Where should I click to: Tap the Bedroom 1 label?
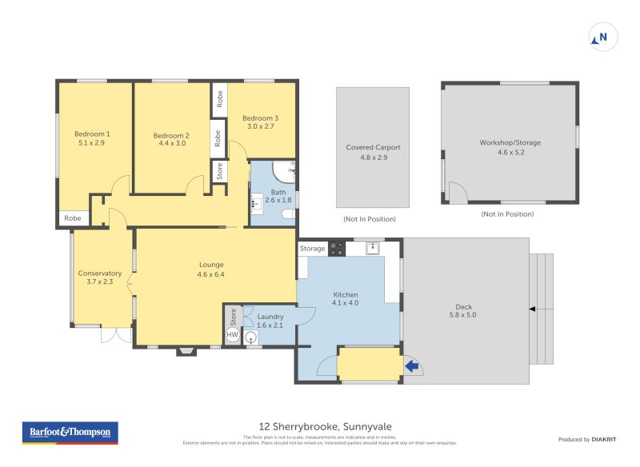coord(92,134)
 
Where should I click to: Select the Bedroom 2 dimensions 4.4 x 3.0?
coord(171,144)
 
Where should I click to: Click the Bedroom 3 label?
coord(260,118)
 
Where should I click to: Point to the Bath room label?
coord(278,192)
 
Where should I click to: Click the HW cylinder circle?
coord(233,334)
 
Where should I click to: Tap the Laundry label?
coord(270,317)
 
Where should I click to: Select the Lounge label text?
coord(211,265)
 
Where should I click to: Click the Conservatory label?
coord(99,273)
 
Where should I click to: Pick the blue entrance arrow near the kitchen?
coord(413,366)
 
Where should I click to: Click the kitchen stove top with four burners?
coord(337,248)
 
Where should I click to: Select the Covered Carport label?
coord(373,147)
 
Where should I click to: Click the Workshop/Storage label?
coord(510,142)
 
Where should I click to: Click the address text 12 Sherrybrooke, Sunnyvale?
coord(325,426)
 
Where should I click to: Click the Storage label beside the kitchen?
coord(312,249)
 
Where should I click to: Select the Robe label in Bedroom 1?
coord(73,218)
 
